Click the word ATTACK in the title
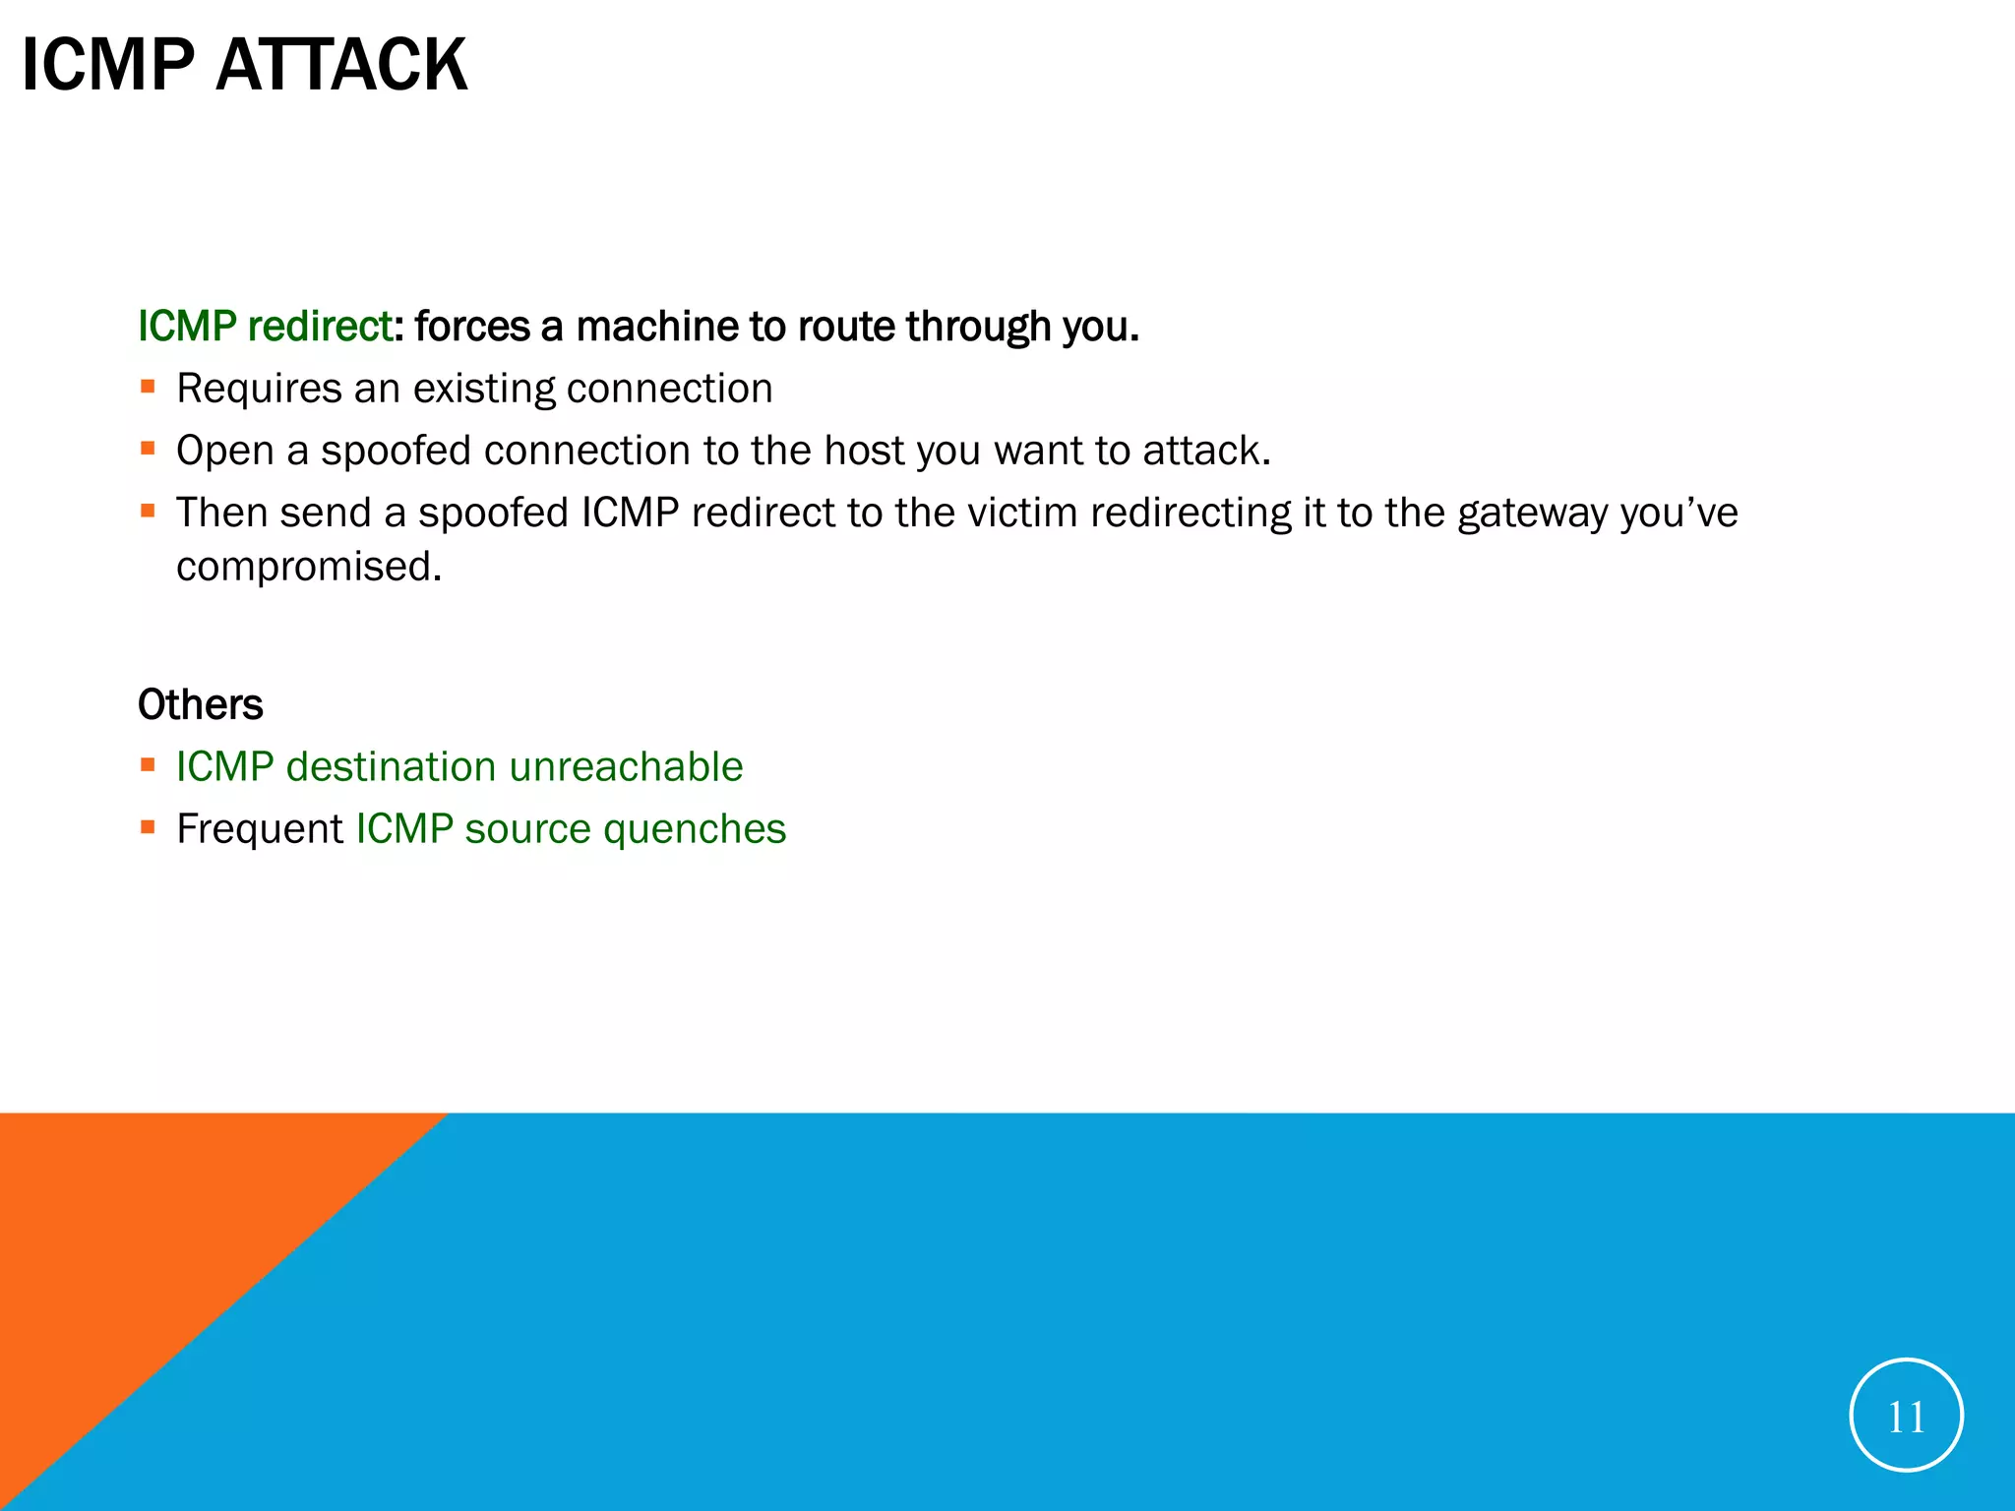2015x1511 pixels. [x=341, y=66]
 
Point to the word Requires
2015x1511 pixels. [x=260, y=390]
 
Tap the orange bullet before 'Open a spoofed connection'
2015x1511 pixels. [x=149, y=450]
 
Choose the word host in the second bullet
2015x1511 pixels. [x=863, y=451]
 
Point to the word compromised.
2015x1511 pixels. [x=309, y=568]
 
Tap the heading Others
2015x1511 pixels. [x=201, y=705]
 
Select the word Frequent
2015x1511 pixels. [x=260, y=829]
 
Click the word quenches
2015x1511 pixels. [x=695, y=829]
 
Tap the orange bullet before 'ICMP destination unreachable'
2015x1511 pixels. [x=149, y=765]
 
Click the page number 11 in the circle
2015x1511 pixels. [x=1906, y=1417]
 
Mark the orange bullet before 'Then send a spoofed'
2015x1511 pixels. [x=149, y=512]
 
